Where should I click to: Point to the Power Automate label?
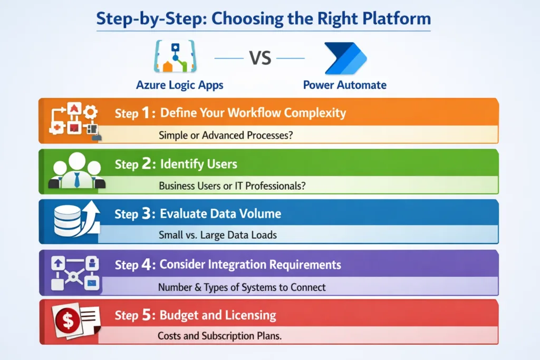pyautogui.click(x=345, y=85)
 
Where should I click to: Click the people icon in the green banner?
pyautogui.click(x=77, y=171)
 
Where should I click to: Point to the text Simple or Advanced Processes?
pyautogui.click(x=226, y=135)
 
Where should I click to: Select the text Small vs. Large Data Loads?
pyautogui.click(x=218, y=236)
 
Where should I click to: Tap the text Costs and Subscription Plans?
pyautogui.click(x=219, y=336)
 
